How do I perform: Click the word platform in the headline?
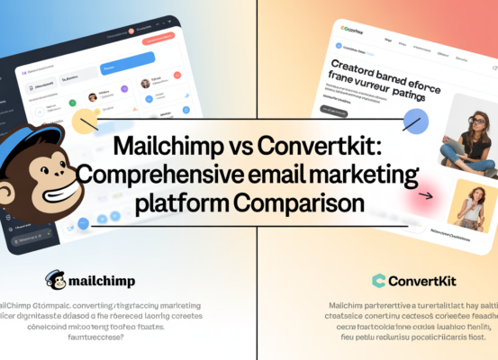[x=175, y=202]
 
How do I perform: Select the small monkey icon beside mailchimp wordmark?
[x=54, y=280]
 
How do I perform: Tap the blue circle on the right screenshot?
[x=415, y=120]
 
